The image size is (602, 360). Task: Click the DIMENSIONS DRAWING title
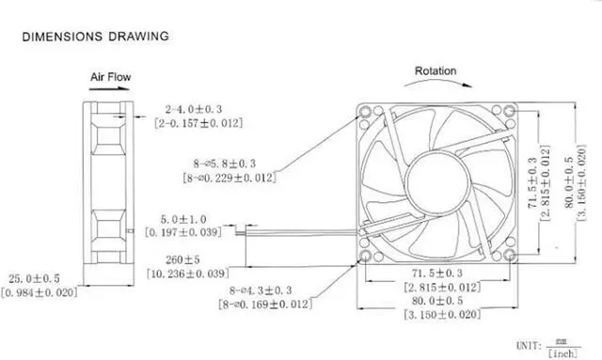[x=95, y=37]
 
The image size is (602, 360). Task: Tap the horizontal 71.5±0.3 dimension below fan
[x=436, y=273]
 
